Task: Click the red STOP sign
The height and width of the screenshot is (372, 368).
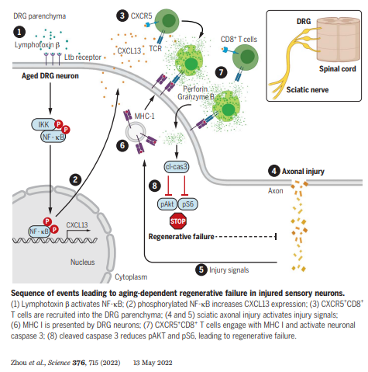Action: point(178,221)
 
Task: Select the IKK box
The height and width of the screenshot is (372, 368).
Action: point(43,124)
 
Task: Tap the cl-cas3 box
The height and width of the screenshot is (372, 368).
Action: point(177,167)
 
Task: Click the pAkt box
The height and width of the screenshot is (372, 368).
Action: point(167,204)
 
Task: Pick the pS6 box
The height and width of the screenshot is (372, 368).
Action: point(187,204)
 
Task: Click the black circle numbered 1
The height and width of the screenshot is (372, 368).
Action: point(19,32)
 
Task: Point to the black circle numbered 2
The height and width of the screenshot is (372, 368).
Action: point(75,179)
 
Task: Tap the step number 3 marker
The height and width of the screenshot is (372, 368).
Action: point(122,16)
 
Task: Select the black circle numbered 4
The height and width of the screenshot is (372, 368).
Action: point(274,171)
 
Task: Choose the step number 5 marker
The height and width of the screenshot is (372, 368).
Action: point(201,269)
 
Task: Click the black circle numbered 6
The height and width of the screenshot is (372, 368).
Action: point(122,146)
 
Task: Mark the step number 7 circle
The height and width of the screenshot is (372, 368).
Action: point(222,72)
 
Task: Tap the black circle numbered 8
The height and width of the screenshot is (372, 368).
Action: point(155,186)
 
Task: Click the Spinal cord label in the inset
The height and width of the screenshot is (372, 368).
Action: point(338,69)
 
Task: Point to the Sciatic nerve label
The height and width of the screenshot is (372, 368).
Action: point(308,90)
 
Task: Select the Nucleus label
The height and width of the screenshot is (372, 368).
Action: point(83,262)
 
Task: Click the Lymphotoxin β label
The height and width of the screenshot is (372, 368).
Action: point(37,45)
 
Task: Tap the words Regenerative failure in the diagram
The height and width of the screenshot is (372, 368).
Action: point(181,237)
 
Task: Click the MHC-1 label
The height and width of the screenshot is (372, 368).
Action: point(144,116)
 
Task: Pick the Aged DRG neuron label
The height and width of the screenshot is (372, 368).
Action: point(50,76)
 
